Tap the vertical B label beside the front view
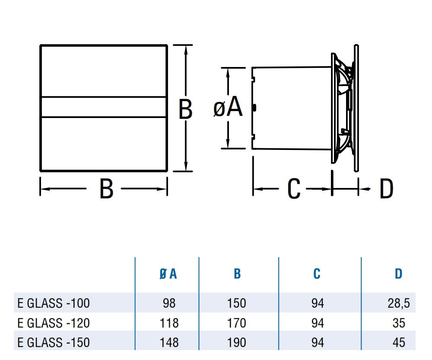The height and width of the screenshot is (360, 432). (x=185, y=109)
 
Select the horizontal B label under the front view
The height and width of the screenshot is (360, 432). (x=106, y=189)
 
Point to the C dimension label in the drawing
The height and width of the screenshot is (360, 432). (x=294, y=189)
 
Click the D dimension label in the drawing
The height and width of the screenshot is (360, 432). (x=386, y=189)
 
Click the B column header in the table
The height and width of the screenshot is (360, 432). (x=237, y=274)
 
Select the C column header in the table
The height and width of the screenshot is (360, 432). (x=317, y=274)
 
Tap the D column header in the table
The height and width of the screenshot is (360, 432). (x=398, y=274)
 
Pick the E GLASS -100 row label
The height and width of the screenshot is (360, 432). (x=54, y=303)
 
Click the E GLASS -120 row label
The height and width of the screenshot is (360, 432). (x=54, y=323)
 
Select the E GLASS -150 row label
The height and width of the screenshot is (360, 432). (x=54, y=342)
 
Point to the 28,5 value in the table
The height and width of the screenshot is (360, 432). (x=398, y=303)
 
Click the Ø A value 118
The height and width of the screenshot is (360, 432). (x=168, y=323)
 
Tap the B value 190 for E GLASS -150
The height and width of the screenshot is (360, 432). (x=237, y=342)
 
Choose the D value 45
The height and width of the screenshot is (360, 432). (x=399, y=342)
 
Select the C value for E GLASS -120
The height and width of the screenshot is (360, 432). (x=318, y=323)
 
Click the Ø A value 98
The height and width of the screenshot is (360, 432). (x=168, y=303)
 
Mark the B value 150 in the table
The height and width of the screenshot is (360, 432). (x=237, y=303)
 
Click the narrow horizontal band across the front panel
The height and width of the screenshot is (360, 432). (x=104, y=107)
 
